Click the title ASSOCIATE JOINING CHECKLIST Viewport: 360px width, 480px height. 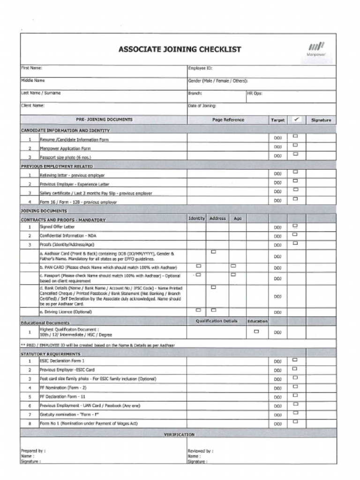click(x=180, y=49)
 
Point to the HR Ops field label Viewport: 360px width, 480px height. click(x=255, y=93)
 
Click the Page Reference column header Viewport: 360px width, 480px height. click(x=228, y=120)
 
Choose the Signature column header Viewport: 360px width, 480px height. click(x=321, y=120)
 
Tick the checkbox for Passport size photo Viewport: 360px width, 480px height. click(x=295, y=154)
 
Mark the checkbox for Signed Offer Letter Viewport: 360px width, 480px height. click(x=295, y=225)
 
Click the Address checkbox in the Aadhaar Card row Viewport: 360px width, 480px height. click(x=213, y=252)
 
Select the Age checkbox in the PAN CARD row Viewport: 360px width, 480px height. click(x=233, y=266)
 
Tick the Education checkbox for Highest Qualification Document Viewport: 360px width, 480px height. click(x=256, y=331)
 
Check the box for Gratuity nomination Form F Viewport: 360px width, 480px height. click(x=295, y=413)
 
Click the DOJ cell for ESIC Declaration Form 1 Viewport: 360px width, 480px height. click(x=277, y=361)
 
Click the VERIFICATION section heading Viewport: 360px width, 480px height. click(x=179, y=435)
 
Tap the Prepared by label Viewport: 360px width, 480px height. click(x=33, y=451)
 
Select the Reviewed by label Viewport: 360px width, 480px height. click(x=200, y=451)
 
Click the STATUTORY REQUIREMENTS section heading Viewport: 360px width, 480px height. click(x=51, y=354)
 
